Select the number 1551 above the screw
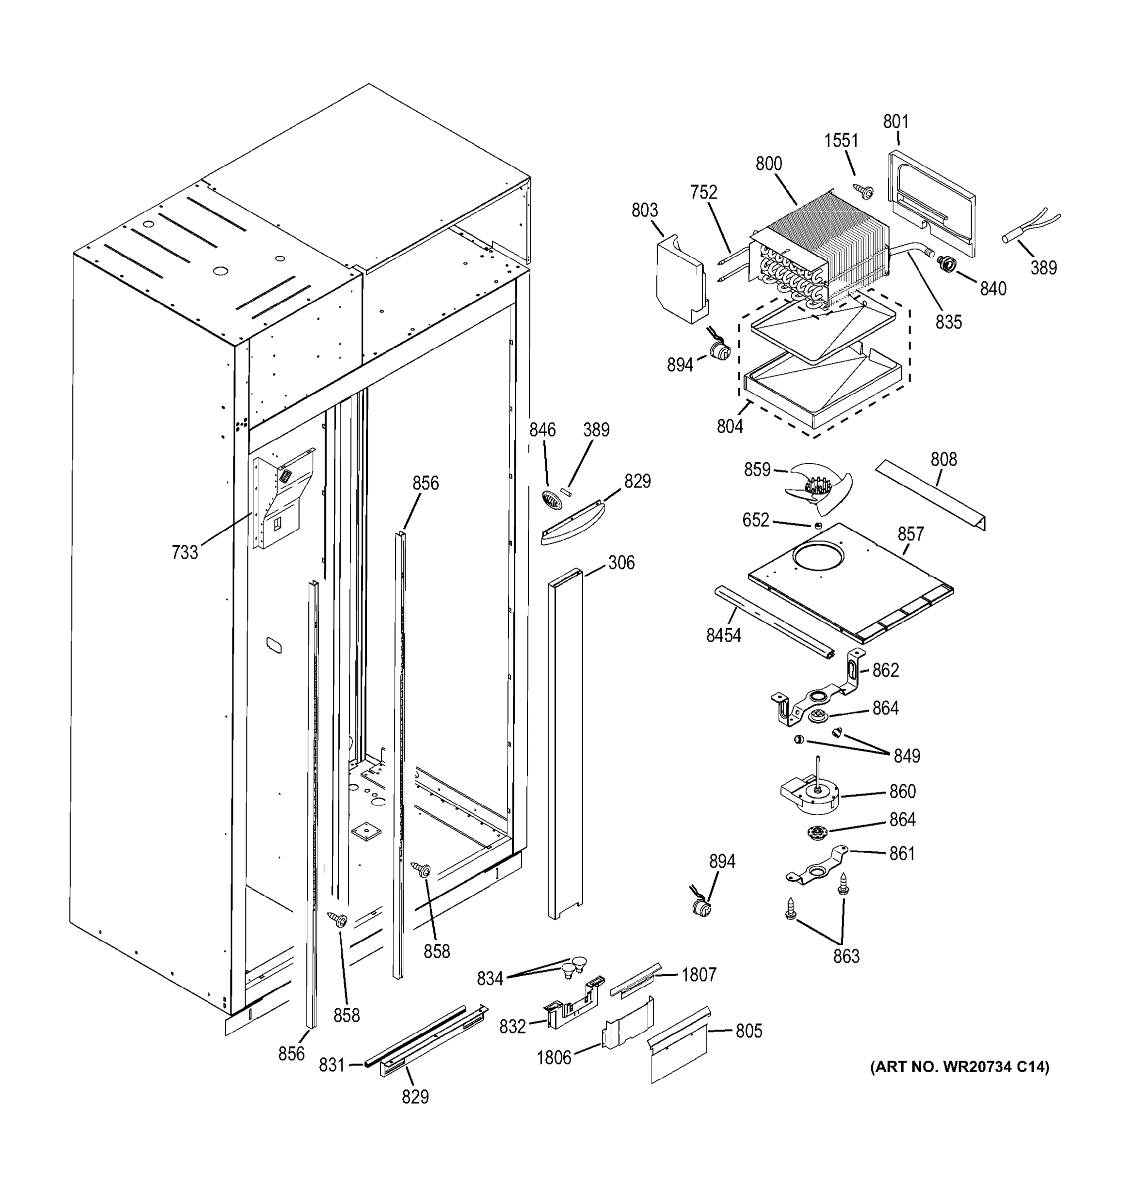pyautogui.click(x=841, y=140)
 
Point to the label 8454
pyautogui.click(x=723, y=635)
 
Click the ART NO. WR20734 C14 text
pyautogui.click(x=959, y=1066)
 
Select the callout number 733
pyautogui.click(x=184, y=551)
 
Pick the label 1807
pyautogui.click(x=699, y=974)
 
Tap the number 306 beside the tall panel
pyautogui.click(x=621, y=562)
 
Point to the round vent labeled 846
pyautogui.click(x=551, y=500)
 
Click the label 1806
pyautogui.click(x=554, y=1057)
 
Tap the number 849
pyautogui.click(x=906, y=755)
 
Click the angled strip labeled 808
pyautogui.click(x=929, y=495)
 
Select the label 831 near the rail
pyautogui.click(x=332, y=1065)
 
